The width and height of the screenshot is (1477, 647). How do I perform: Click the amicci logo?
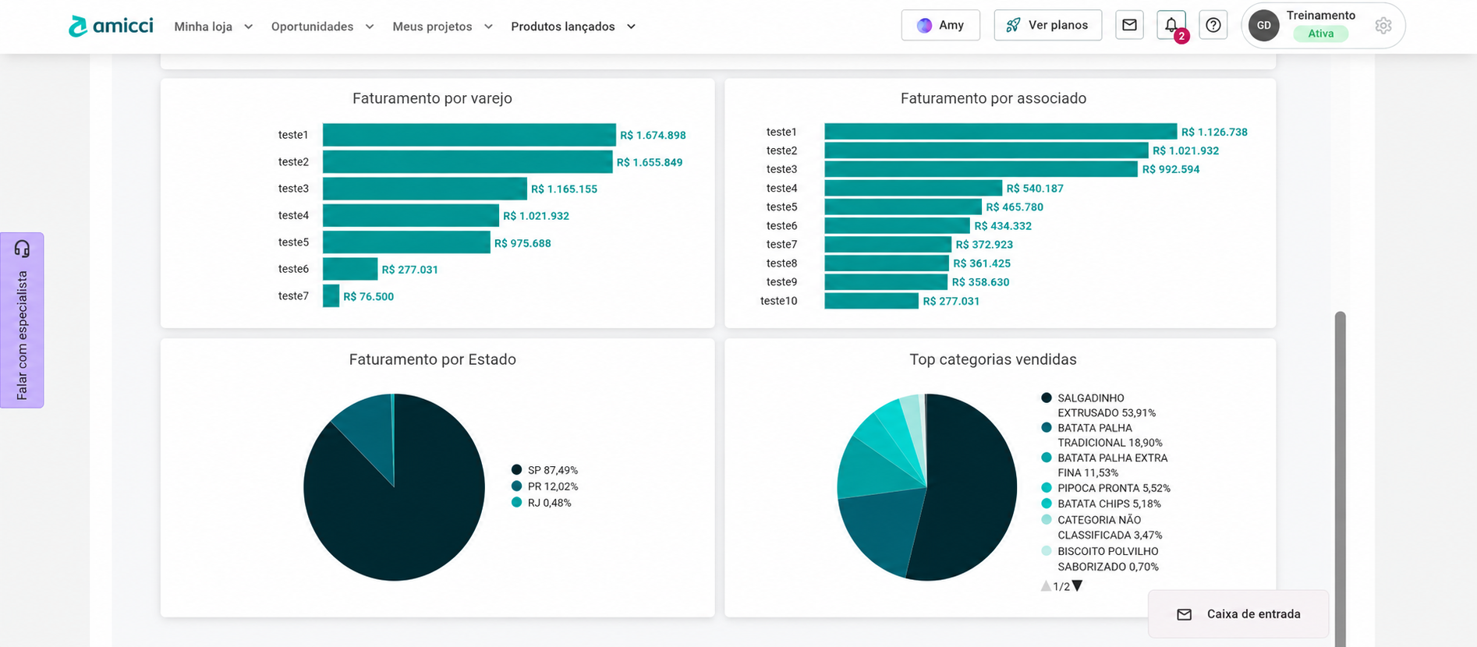click(111, 26)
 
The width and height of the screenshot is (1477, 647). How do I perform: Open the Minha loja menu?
click(213, 27)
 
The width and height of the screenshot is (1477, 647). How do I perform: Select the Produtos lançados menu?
click(573, 27)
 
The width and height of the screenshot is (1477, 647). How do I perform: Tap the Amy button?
click(940, 25)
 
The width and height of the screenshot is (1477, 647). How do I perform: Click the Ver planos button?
click(1047, 25)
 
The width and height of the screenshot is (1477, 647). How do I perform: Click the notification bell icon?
click(1171, 25)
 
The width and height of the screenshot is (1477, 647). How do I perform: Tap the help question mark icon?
click(1213, 25)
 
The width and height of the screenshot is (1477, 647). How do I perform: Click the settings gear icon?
click(1383, 26)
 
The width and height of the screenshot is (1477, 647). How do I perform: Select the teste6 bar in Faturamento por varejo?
click(350, 269)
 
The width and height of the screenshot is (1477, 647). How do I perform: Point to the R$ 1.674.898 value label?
click(653, 135)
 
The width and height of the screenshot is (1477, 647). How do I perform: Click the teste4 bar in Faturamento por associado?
click(913, 188)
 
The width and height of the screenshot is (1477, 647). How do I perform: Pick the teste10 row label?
click(778, 301)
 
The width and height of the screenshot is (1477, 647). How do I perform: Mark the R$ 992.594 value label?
click(1171, 169)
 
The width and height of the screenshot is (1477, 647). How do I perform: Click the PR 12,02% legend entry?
click(544, 486)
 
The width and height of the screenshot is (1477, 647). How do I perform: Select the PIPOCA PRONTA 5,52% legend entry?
click(1106, 488)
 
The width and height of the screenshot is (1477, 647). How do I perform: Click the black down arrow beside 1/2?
click(1077, 586)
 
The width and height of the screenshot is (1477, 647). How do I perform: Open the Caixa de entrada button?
click(1238, 614)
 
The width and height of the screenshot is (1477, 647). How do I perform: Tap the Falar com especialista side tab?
click(22, 320)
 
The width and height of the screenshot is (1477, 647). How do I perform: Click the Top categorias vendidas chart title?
click(993, 359)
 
